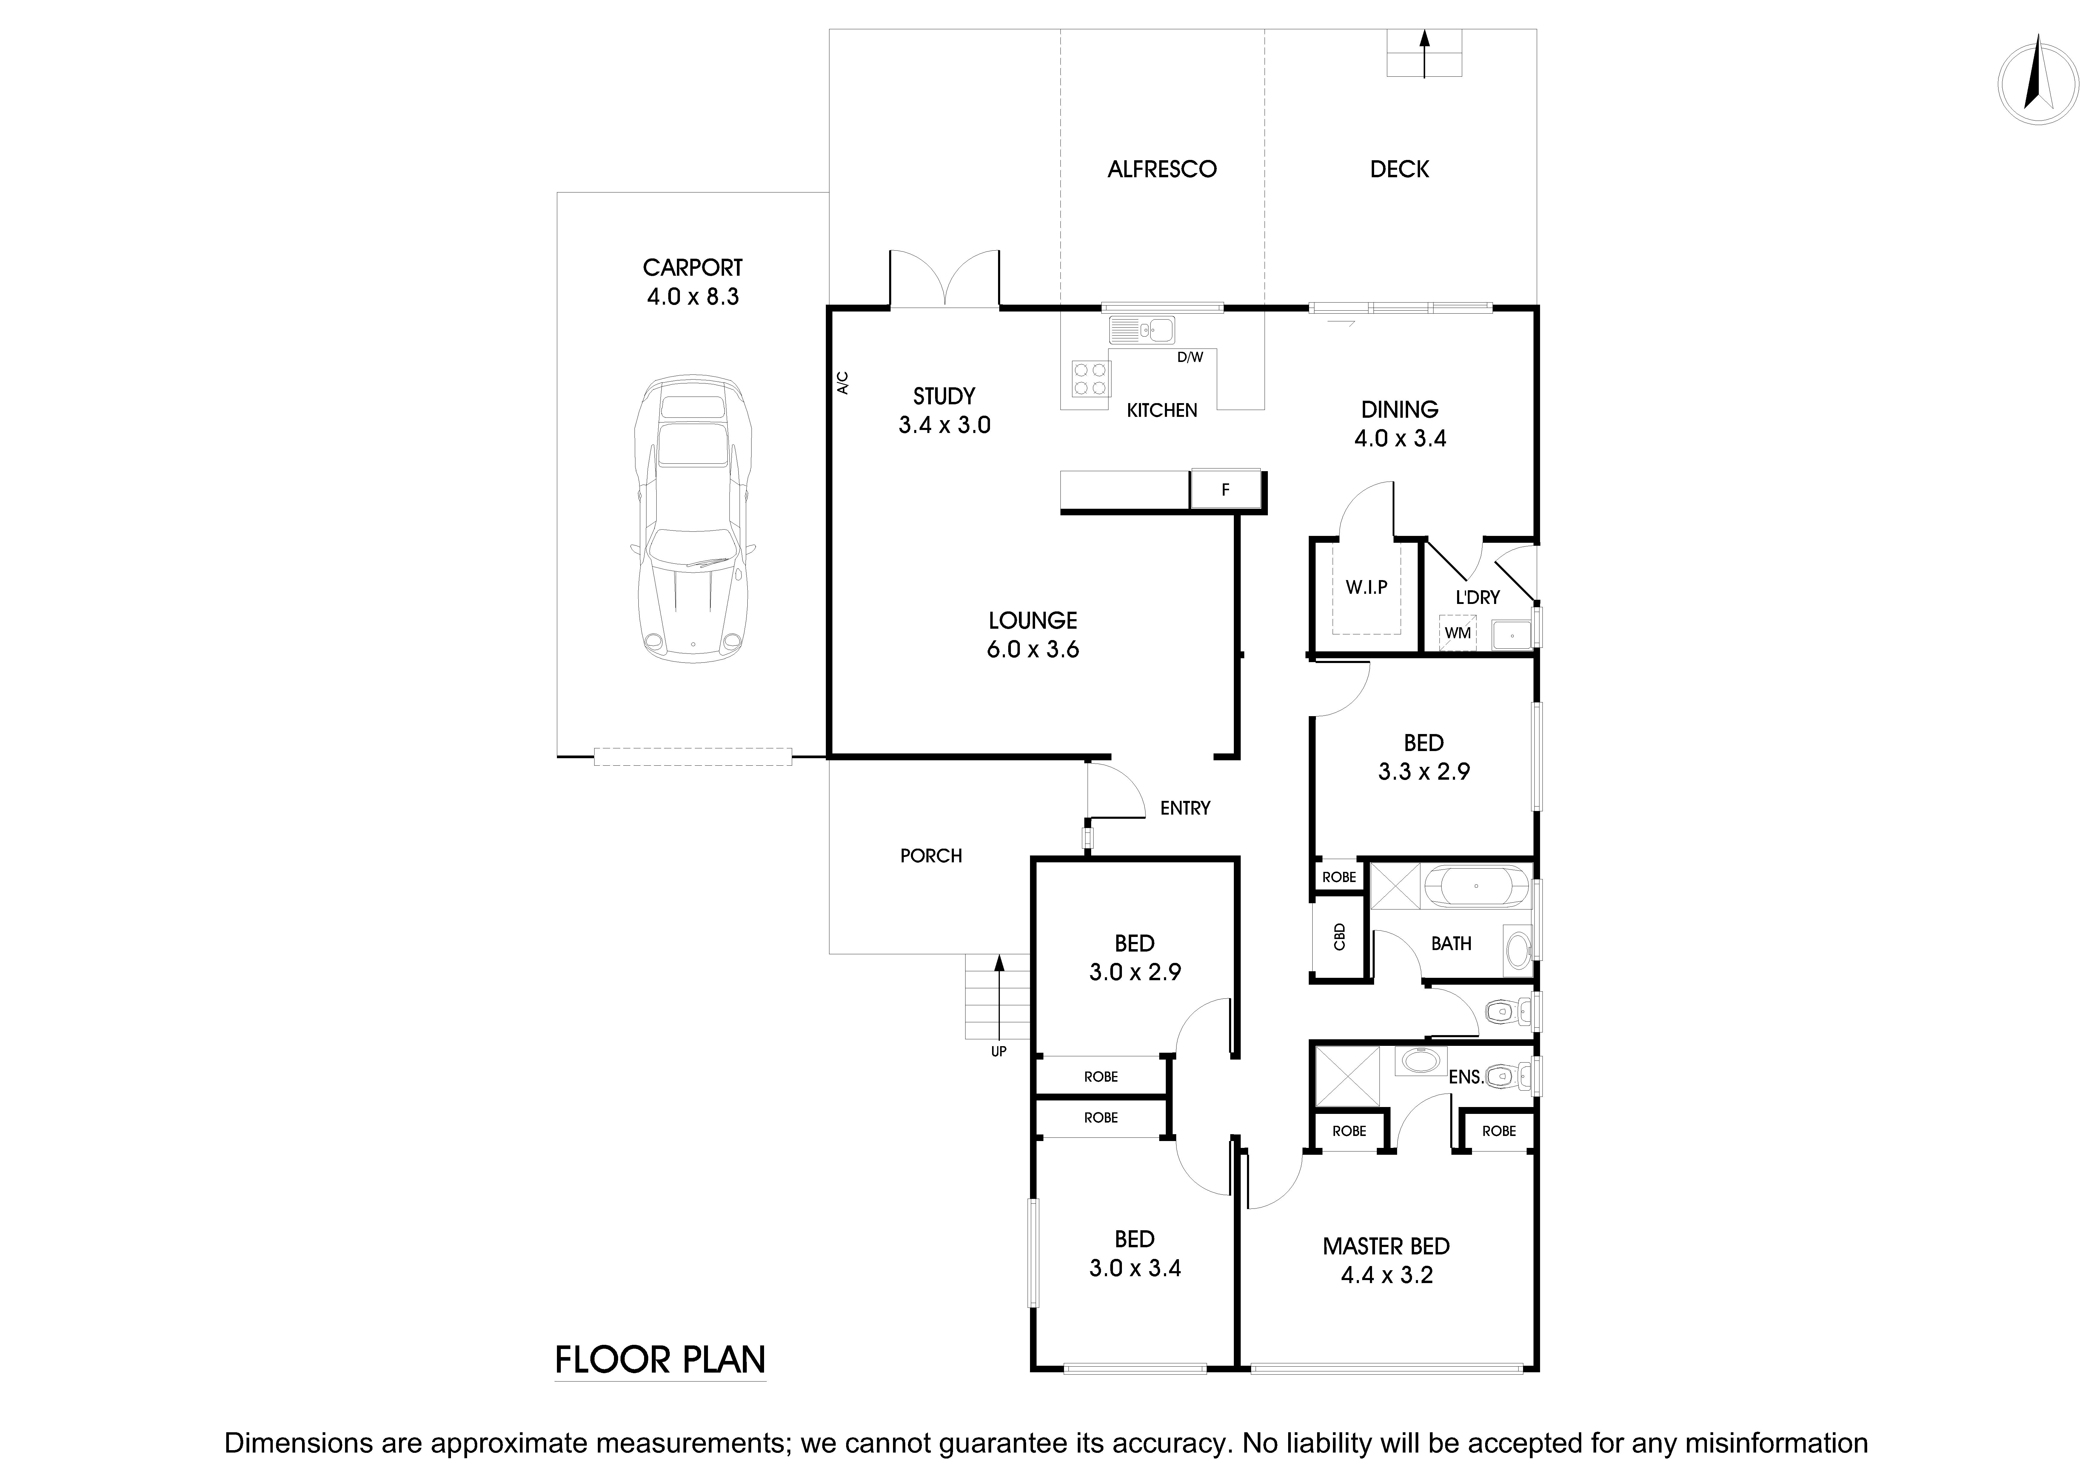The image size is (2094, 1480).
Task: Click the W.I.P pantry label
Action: [x=1366, y=587]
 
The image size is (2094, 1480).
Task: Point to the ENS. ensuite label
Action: [x=1466, y=1077]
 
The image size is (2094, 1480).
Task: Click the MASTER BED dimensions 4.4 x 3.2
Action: [x=1386, y=1275]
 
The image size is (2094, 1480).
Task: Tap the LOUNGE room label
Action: [x=1032, y=621]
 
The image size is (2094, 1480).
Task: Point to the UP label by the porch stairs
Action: [x=999, y=1052]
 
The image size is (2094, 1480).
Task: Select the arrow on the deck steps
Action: [x=1425, y=53]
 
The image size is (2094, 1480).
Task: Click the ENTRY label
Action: [x=1185, y=808]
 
